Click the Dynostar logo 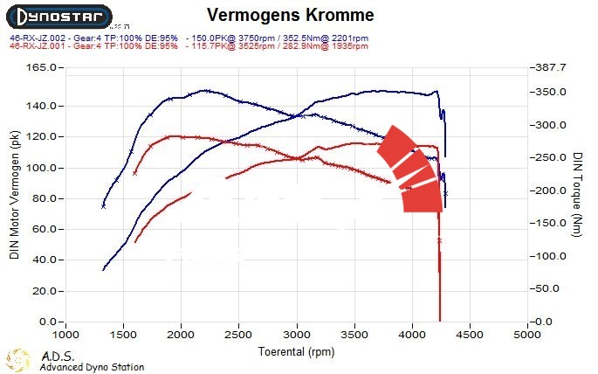click(x=58, y=16)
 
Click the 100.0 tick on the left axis click(x=43, y=168)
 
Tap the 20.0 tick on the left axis click(x=45, y=291)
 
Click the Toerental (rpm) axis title click(x=296, y=351)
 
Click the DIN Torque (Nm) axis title click(x=578, y=194)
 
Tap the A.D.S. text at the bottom click(x=58, y=357)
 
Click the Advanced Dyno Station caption click(x=92, y=368)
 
